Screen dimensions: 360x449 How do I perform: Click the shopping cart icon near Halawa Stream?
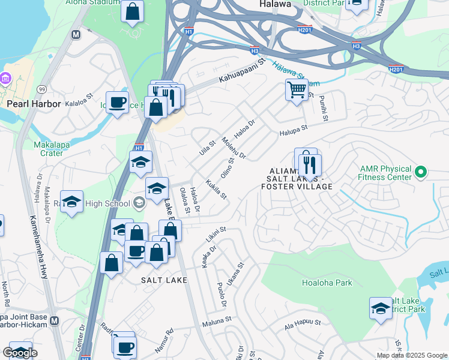(x=297, y=90)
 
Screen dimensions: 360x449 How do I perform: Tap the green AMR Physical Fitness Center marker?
(x=420, y=173)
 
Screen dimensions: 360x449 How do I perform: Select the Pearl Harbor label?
(x=34, y=103)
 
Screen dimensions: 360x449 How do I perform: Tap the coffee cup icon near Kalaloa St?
(x=118, y=101)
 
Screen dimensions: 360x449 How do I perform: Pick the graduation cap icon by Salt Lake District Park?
(x=381, y=308)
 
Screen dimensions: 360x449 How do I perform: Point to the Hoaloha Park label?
(x=327, y=283)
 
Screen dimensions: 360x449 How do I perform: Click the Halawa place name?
(x=275, y=4)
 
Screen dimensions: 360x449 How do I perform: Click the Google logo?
(x=20, y=353)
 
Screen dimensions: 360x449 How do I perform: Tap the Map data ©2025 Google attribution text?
(x=412, y=355)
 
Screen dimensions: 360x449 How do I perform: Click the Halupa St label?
(x=292, y=128)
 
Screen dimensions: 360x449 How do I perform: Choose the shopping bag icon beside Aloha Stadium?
(x=132, y=11)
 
